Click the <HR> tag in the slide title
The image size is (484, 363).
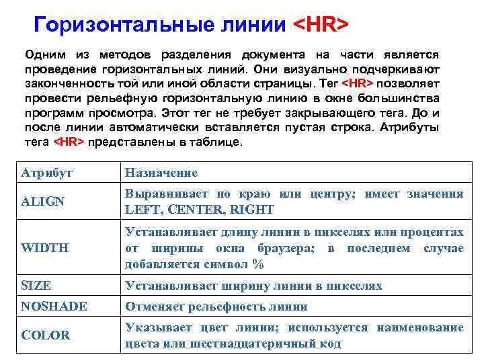coord(321,25)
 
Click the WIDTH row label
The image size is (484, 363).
coord(44,248)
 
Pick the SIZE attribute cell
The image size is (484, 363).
coord(36,286)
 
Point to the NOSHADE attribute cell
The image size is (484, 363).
coord(54,307)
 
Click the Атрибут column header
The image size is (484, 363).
coord(47,173)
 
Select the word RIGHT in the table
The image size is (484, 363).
coord(252,209)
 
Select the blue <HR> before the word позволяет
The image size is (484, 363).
coord(358,83)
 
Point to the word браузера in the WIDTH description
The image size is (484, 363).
coord(289,248)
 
